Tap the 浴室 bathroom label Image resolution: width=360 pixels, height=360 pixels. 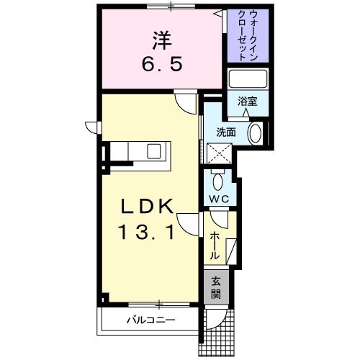coord(248,102)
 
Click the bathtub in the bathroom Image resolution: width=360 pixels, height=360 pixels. coord(248,78)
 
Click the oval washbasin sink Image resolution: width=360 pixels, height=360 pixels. coord(255,133)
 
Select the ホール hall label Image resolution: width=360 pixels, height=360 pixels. coord(215,246)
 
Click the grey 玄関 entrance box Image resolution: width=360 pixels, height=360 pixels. coord(216,289)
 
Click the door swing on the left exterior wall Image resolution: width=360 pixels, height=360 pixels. coord(91,128)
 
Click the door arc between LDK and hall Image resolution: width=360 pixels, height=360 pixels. coord(189,225)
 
